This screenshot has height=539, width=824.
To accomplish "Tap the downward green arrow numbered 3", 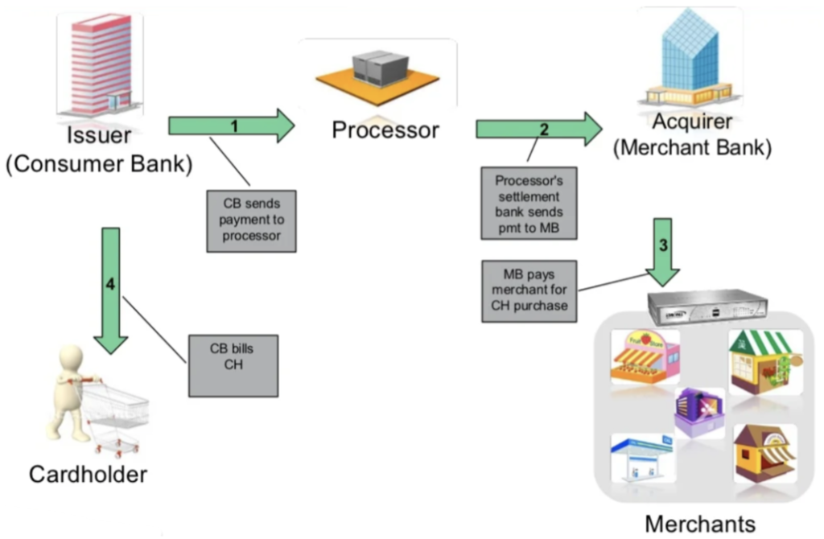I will [x=662, y=251].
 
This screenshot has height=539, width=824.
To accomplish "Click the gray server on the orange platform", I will [x=377, y=67].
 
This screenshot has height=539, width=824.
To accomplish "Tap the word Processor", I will [x=385, y=130].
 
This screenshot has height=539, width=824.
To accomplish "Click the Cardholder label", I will [x=88, y=475].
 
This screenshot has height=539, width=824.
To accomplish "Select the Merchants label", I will [x=699, y=524].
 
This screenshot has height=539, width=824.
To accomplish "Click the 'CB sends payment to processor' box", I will [x=251, y=220].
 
